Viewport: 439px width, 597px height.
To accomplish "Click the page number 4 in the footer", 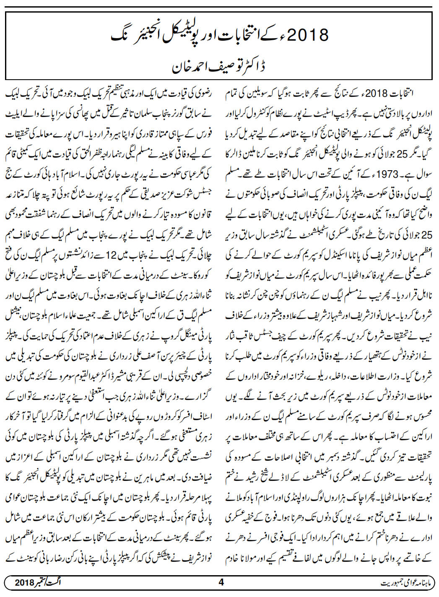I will pos(221,582).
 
